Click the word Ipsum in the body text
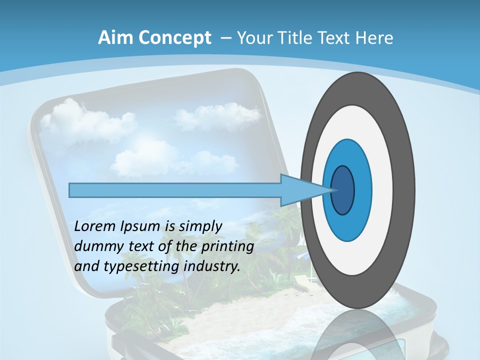click(x=140, y=227)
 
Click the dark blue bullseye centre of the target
click(x=343, y=190)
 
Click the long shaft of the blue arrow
click(x=175, y=190)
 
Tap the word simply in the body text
click(x=200, y=227)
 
